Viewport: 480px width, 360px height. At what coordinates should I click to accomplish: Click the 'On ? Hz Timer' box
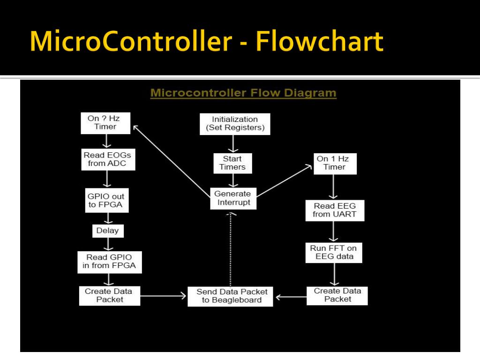point(105,123)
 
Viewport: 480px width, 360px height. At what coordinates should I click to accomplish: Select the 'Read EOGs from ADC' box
point(107,159)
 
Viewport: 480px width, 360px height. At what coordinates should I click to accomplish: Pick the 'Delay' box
point(107,231)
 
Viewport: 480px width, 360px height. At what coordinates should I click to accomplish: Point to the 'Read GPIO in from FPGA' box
point(109,262)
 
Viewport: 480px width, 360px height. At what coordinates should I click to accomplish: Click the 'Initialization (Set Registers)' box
point(235,124)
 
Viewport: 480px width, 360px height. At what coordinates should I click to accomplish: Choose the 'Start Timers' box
point(232,163)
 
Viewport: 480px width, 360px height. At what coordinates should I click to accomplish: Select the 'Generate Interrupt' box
point(232,198)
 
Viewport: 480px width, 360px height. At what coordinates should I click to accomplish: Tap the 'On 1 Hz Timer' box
point(334,163)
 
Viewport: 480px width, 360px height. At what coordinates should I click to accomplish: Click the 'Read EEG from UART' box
point(334,210)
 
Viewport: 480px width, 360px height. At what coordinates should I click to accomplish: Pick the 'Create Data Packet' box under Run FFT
point(337,295)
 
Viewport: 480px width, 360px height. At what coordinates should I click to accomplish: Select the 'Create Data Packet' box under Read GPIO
point(109,295)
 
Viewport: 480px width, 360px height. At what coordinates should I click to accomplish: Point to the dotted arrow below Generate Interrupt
point(231,248)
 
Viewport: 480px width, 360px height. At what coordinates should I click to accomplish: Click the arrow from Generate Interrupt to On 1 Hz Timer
point(285,180)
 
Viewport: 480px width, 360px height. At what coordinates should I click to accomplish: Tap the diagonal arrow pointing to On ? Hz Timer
point(171,159)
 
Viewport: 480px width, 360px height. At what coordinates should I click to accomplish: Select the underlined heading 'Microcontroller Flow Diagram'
point(243,92)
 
